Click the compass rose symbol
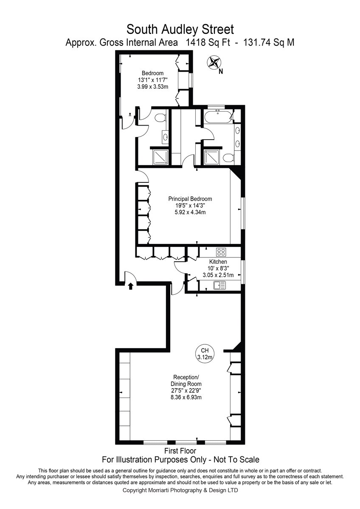tap(214, 62)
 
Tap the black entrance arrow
tap(130, 286)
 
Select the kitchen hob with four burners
tap(221, 252)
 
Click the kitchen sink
tap(219, 285)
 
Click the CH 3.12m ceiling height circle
tap(205, 354)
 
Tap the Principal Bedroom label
tap(190, 199)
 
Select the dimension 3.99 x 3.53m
tap(152, 87)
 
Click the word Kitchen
tap(218, 262)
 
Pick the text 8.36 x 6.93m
tap(186, 397)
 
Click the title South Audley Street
tap(180, 29)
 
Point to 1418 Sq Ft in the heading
tap(208, 42)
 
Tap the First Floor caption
tap(180, 450)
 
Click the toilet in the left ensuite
tap(161, 118)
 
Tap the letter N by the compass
tap(221, 72)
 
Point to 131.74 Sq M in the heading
tap(269, 42)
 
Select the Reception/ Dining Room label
tap(186, 380)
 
